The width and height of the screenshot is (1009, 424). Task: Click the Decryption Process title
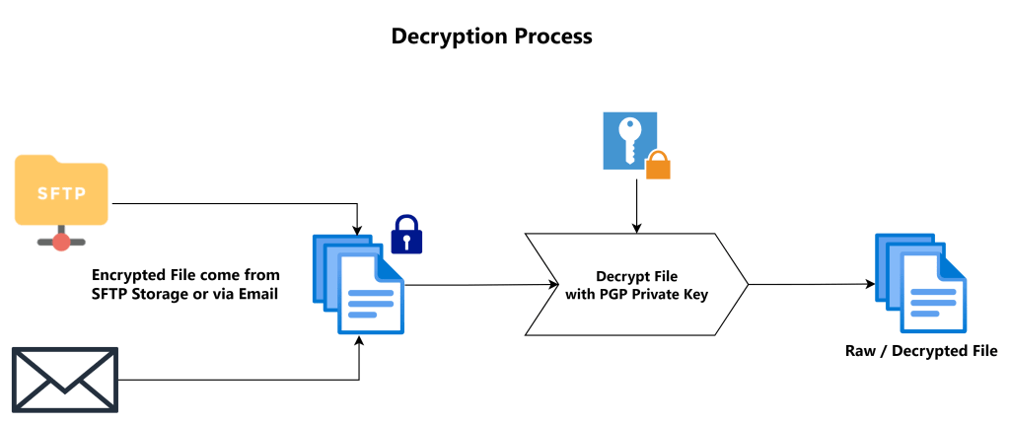coord(491,37)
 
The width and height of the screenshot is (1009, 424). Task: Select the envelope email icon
coord(64,380)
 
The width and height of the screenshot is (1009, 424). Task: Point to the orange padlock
coord(658,165)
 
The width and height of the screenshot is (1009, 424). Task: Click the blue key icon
coord(629,140)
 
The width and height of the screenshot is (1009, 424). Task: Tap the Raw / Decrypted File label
coord(921,351)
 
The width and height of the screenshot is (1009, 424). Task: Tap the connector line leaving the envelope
coord(237,380)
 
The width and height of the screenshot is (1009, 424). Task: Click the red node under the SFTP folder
coord(61,241)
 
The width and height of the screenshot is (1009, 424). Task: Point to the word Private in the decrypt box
coord(673,293)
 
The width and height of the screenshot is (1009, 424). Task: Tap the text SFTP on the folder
coord(61,192)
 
